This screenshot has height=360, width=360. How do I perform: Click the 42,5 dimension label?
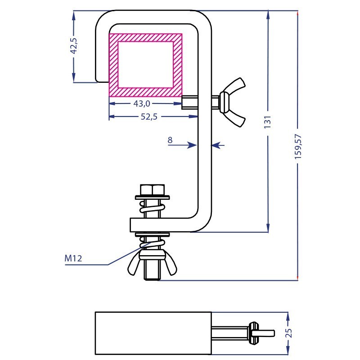point(74,46)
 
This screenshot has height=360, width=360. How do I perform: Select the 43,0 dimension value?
point(142,104)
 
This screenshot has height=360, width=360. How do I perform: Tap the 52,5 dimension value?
point(149,117)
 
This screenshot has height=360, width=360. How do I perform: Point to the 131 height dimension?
point(267,122)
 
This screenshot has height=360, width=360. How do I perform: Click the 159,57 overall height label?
point(298,147)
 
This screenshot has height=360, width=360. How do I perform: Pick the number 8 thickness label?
point(170,140)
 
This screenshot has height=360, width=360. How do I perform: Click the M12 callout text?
point(73,258)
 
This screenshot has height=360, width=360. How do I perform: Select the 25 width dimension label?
point(289,333)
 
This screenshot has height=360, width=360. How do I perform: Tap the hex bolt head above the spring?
point(153,189)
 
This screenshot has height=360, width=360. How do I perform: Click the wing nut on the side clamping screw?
point(232,102)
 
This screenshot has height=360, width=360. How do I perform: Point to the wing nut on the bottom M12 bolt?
point(152,262)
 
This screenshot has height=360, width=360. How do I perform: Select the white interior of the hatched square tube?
point(145,64)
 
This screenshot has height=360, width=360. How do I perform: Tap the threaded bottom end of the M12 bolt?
point(152,273)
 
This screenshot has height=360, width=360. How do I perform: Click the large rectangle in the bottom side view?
point(153,333)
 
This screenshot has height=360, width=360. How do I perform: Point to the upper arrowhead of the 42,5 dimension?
point(74,16)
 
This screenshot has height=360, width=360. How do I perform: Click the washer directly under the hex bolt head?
point(153,198)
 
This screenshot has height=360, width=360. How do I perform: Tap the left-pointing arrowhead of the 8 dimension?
point(216,145)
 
